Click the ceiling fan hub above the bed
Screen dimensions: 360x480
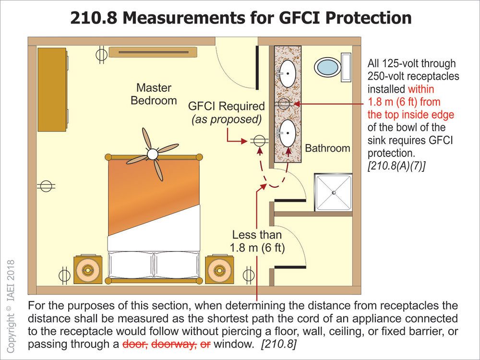click(153, 154)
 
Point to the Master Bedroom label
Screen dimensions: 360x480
click(154, 94)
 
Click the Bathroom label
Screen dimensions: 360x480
click(328, 148)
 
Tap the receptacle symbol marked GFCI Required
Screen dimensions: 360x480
click(258, 141)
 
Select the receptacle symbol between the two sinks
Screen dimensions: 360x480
click(284, 103)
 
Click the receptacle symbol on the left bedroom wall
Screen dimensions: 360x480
click(46, 186)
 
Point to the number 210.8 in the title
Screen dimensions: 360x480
click(96, 17)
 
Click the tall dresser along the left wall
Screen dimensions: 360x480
click(52, 89)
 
